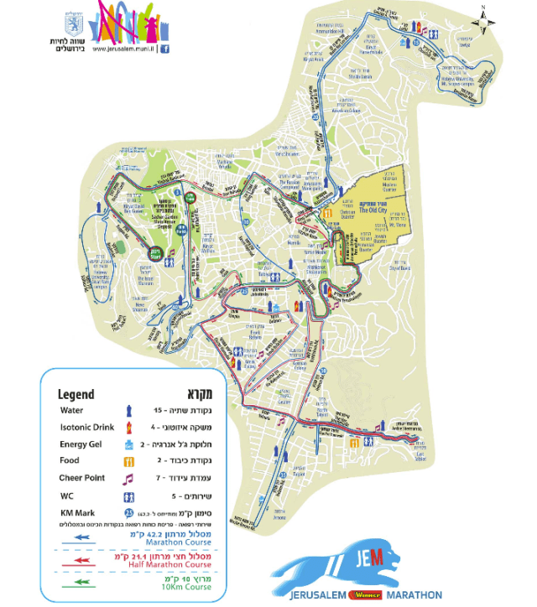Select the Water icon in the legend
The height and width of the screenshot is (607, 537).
point(128,411)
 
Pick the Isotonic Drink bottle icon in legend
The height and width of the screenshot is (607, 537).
point(128,428)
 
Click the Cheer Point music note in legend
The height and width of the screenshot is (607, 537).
point(128,479)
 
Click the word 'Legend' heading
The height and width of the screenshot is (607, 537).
point(76,394)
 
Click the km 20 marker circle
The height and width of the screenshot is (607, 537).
point(315,118)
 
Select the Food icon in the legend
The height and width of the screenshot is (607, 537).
point(128,461)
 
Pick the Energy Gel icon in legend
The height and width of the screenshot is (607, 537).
point(128,444)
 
